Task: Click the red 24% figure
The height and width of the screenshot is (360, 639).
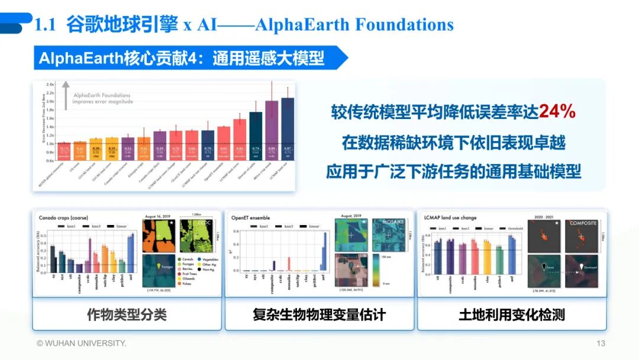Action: (557, 112)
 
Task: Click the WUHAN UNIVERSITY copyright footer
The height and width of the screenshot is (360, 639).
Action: (81, 343)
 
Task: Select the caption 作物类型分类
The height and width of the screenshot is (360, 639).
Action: (127, 314)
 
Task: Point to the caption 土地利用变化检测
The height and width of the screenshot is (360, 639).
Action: (512, 314)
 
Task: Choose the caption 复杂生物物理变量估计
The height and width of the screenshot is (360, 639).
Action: (319, 314)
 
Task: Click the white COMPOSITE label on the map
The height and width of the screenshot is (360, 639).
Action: (583, 223)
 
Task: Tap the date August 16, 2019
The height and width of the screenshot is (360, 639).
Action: (158, 217)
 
